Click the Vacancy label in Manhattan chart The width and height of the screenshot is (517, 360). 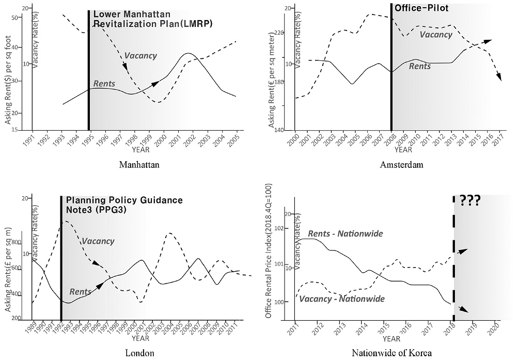pos(140,56)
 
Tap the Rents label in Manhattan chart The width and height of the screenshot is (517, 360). pos(104,84)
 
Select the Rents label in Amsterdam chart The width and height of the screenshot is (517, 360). pos(420,66)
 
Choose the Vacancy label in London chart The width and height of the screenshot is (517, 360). pos(98,241)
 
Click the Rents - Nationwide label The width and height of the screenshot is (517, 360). pos(345,234)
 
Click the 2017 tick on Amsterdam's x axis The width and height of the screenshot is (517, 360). pos(498,140)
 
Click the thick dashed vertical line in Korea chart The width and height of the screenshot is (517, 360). pos(454,258)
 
